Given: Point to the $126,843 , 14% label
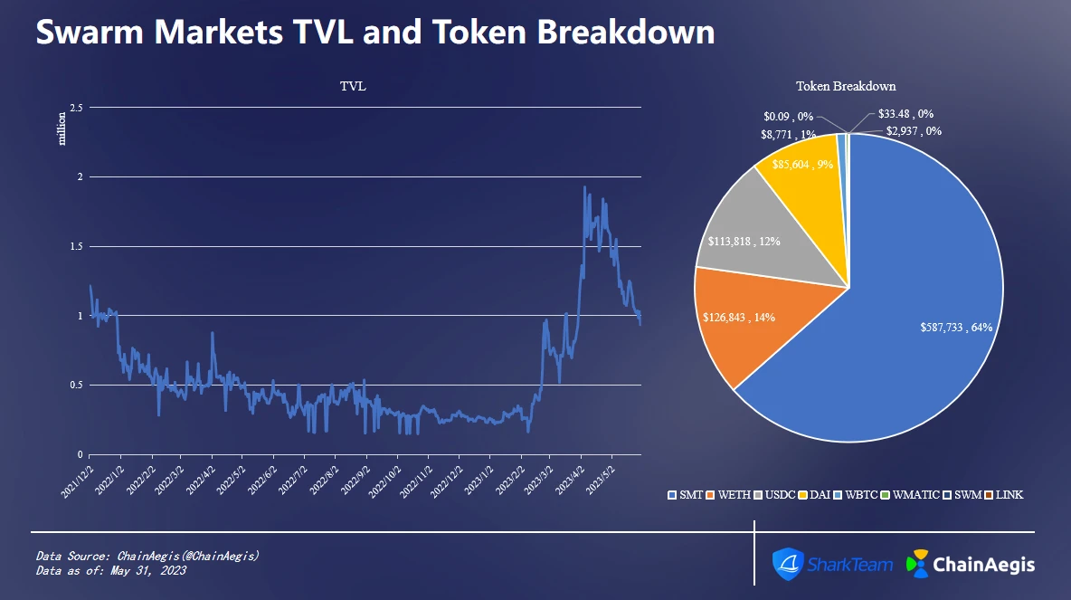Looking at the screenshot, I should point(738,318).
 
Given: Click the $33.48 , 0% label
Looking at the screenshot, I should point(905,115).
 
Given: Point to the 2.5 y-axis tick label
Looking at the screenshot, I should point(76,108).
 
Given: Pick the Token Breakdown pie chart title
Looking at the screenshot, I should point(846,87).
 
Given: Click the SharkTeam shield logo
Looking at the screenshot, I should point(788,563).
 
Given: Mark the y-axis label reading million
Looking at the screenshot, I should point(62,128).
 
